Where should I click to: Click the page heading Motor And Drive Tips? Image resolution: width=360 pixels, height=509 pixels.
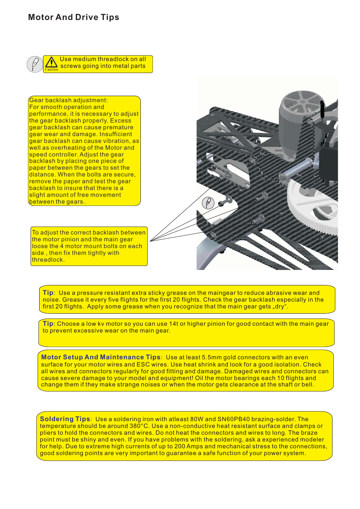click(x=74, y=17)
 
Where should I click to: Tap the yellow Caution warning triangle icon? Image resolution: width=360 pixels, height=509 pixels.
click(x=51, y=63)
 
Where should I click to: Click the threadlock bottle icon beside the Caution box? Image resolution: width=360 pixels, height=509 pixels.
click(x=35, y=64)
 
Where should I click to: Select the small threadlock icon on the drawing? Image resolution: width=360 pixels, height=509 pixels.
click(x=208, y=203)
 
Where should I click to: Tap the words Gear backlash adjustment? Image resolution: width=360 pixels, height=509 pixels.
click(x=68, y=100)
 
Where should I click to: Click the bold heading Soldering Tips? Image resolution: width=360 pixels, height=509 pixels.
click(x=65, y=419)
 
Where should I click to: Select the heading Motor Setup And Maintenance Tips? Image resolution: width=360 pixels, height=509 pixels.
click(x=101, y=357)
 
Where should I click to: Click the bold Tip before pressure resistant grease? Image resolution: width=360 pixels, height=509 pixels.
click(x=48, y=293)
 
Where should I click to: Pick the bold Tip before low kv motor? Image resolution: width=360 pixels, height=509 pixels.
click(x=48, y=323)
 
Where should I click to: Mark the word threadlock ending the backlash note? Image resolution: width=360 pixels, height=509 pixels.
click(x=48, y=260)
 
